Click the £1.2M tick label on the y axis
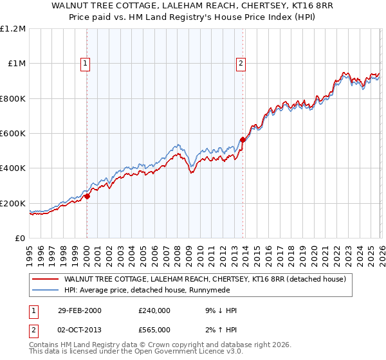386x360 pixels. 14,29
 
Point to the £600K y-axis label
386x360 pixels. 13,134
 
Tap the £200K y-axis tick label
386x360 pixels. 13,203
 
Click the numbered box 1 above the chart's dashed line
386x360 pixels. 86,63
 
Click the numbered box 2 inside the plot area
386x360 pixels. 241,63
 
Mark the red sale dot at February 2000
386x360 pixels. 87,197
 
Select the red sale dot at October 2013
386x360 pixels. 243,139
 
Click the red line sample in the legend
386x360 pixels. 46,279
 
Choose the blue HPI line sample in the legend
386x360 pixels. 46,290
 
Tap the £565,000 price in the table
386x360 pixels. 154,329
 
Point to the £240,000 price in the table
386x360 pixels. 154,310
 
